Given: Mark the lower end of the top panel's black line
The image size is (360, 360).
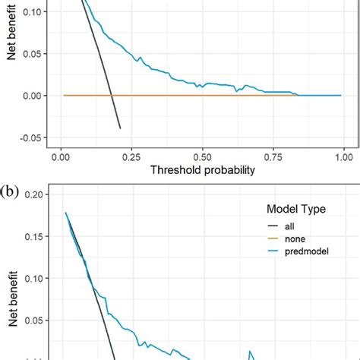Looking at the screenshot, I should point(120,128).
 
